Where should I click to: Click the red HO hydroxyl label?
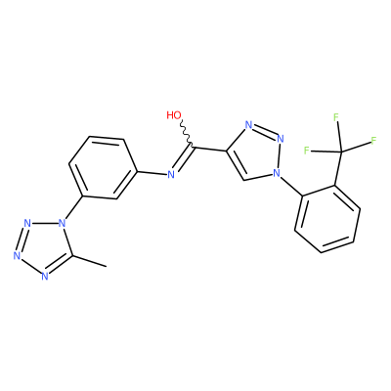pyautogui.click(x=174, y=115)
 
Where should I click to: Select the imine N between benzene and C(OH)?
pyautogui.click(x=171, y=174)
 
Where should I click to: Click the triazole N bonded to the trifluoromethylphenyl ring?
pyautogui.click(x=277, y=172)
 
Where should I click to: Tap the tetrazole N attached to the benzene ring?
pyautogui.click(x=62, y=223)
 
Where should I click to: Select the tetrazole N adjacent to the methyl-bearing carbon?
pyautogui.click(x=45, y=276)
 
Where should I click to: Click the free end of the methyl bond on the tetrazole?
pyautogui.click(x=107, y=267)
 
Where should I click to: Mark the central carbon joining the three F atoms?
pyautogui.click(x=341, y=152)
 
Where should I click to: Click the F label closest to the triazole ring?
pyautogui.click(x=306, y=151)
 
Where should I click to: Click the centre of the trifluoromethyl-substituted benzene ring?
pyautogui.click(x=327, y=219)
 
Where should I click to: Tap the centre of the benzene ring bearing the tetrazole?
pyautogui.click(x=103, y=167)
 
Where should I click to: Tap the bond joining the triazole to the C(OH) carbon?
pyautogui.click(x=210, y=149)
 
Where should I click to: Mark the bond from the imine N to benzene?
pyautogui.click(x=152, y=172)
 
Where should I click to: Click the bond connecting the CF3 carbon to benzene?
pyautogui.click(x=337, y=169)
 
